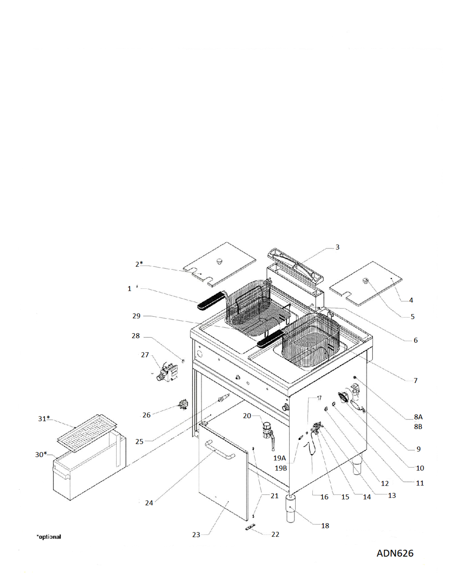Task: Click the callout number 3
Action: [x=337, y=247]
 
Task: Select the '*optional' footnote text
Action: [x=49, y=537]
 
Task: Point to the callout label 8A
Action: [x=418, y=417]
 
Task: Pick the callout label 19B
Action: [x=281, y=468]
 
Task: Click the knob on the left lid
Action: [x=220, y=261]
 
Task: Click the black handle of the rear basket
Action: [x=211, y=301]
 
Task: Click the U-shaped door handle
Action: [x=220, y=450]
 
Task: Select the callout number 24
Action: [x=149, y=503]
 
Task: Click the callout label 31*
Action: [x=44, y=419]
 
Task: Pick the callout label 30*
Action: [x=41, y=455]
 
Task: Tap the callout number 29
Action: [x=136, y=316]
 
